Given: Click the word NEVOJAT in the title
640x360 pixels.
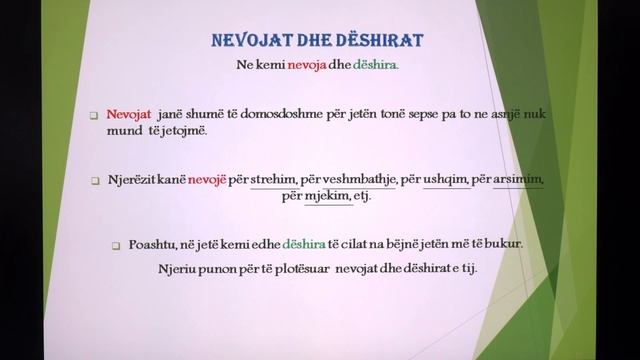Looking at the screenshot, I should (253, 41).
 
